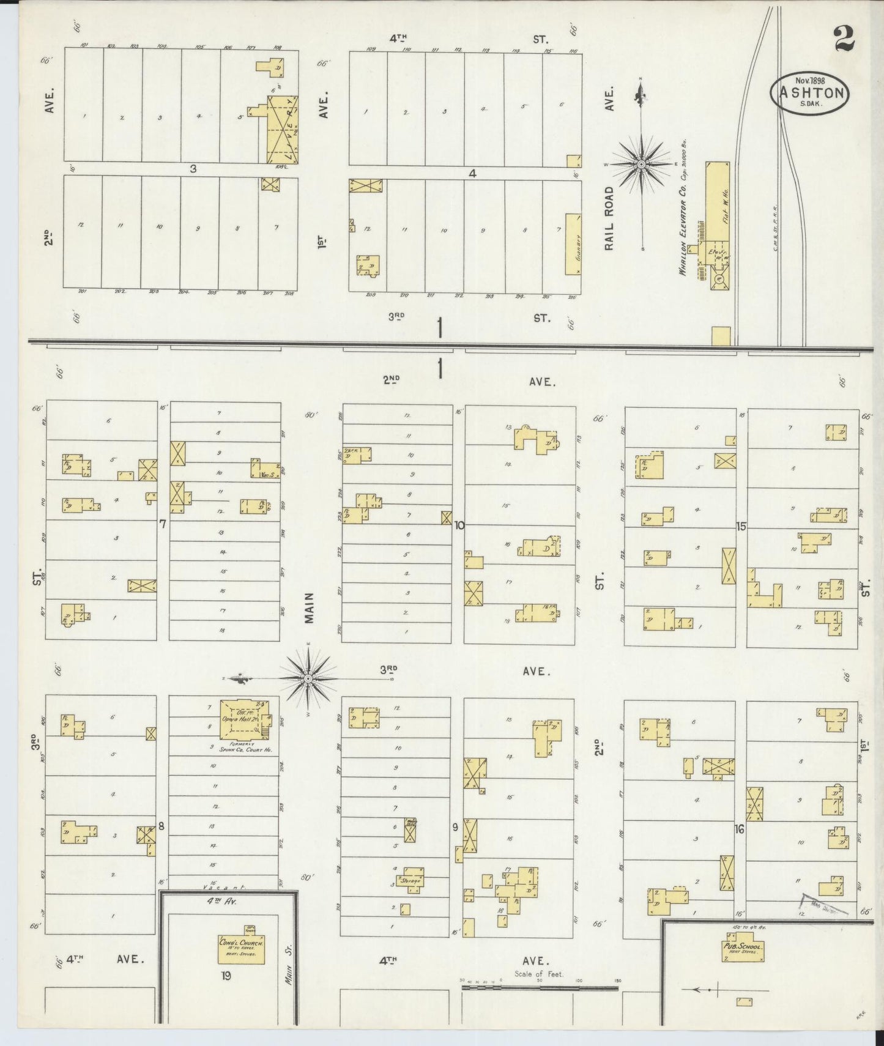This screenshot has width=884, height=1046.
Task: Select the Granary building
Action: (573, 243)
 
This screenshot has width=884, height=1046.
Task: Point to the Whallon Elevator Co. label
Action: (683, 207)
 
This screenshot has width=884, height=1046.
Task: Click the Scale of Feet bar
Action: (540, 987)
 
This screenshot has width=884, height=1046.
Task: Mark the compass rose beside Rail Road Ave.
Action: (641, 164)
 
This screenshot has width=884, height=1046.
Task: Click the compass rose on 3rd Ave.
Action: (308, 678)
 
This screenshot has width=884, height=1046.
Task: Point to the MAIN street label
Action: (310, 607)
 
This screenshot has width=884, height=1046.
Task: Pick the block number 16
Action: (740, 829)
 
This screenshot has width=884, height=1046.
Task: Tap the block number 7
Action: (163, 524)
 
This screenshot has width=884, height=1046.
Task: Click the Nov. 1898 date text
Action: (811, 80)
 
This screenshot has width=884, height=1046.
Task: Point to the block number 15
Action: (741, 526)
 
